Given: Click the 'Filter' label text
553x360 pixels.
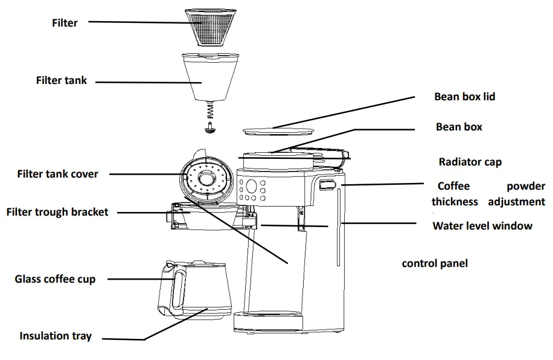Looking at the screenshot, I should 65,23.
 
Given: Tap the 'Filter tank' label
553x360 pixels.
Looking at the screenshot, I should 62,80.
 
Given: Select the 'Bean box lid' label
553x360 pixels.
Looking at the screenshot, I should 464,97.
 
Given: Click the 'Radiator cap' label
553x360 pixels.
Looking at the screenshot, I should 470,162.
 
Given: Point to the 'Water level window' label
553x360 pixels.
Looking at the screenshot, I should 482,226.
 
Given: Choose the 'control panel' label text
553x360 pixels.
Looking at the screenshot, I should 435,263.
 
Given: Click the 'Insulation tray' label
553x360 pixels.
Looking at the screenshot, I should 56,336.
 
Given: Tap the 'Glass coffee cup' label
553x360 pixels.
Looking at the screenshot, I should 55,279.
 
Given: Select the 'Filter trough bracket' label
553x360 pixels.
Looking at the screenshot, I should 57,212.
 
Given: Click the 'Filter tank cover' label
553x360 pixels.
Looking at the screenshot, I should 57,174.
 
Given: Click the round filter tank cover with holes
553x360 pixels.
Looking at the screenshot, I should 205,179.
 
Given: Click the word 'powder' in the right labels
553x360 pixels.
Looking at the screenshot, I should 525,186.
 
